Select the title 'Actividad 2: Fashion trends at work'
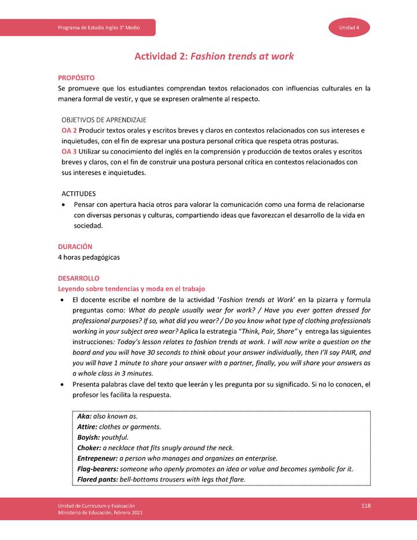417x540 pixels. pyautogui.click(x=214, y=56)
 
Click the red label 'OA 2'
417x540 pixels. pyautogui.click(x=69, y=130)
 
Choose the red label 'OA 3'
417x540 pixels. pyautogui.click(x=69, y=152)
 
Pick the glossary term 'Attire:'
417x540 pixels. pyautogui.click(x=87, y=427)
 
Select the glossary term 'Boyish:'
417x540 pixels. pyautogui.click(x=89, y=437)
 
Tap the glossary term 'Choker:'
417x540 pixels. pyautogui.click(x=89, y=448)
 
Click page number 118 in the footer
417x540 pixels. pyautogui.click(x=365, y=506)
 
